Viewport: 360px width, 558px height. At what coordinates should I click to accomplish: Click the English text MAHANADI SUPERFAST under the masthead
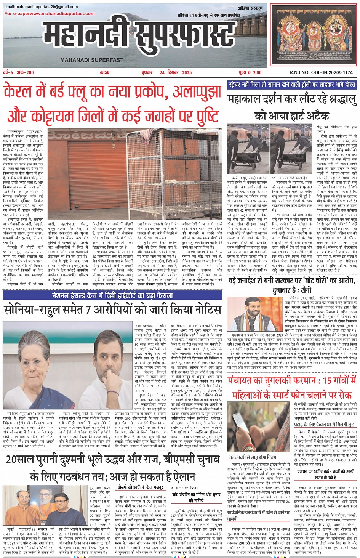tap(92, 60)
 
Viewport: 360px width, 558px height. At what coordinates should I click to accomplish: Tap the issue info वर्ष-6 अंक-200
tap(18, 72)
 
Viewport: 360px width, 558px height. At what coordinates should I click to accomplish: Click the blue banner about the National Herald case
tap(112, 295)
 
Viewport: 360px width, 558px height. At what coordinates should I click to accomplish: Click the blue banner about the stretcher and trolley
tap(292, 85)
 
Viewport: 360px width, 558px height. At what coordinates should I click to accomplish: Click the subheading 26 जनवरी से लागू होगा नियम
tap(252, 457)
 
